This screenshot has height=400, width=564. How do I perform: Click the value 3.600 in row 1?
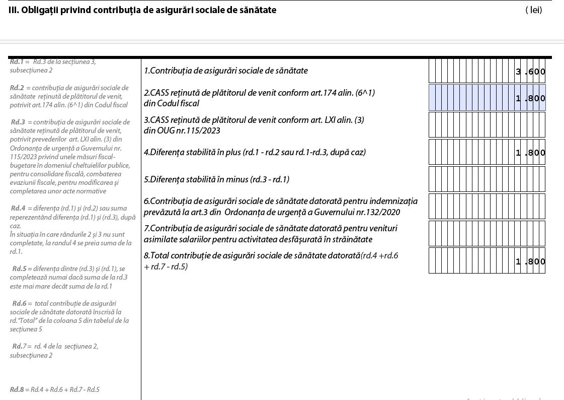click(x=530, y=72)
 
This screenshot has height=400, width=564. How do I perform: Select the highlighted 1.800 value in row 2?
click(x=530, y=98)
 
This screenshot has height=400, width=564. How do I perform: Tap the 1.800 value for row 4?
click(x=530, y=153)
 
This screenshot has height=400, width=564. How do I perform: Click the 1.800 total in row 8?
click(x=530, y=261)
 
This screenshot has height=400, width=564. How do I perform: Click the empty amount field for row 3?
click(x=487, y=125)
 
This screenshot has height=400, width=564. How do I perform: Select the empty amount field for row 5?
click(x=487, y=179)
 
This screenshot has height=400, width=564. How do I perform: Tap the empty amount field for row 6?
click(x=487, y=207)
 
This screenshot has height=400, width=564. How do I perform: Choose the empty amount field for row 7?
click(x=487, y=233)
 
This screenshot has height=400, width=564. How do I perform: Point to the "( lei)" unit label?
click(x=533, y=10)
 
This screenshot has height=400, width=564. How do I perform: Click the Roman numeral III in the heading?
click(x=13, y=10)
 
